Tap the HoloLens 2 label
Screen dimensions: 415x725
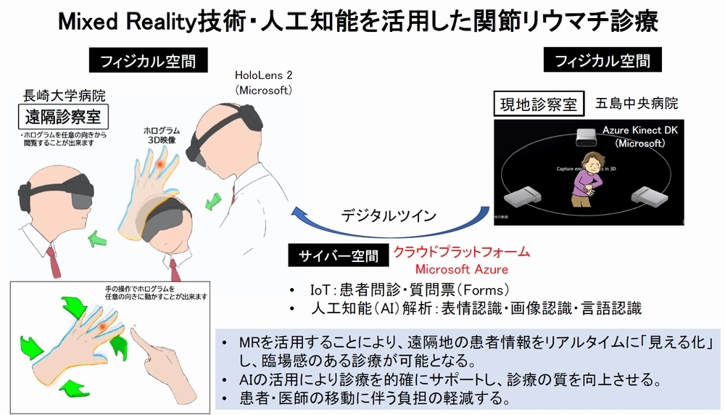click(262, 75)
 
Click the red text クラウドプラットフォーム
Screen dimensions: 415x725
click(461, 252)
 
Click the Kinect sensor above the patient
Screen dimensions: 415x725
click(590, 136)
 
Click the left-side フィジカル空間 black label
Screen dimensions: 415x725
click(142, 61)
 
